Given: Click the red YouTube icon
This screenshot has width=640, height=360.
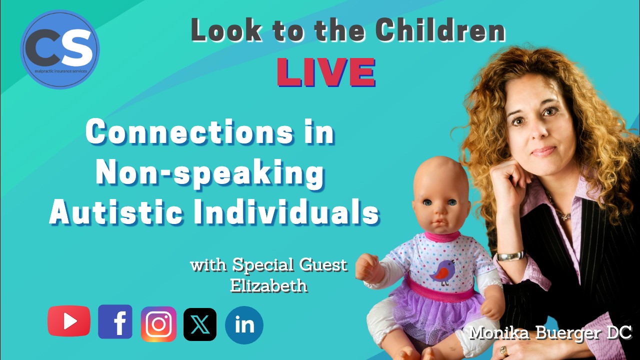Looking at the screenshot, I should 69,321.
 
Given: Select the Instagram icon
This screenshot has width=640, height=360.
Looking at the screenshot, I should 158,324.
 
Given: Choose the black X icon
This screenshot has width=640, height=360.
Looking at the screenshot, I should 200,324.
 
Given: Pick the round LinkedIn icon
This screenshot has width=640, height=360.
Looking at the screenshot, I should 244,325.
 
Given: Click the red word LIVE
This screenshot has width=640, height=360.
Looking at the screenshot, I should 326,73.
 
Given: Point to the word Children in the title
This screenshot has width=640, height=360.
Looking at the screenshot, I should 440,31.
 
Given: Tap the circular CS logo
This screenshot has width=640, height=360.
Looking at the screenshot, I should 60,49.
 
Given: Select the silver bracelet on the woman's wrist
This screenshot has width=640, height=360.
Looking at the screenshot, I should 510,255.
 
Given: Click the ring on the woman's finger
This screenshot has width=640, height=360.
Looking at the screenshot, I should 504,350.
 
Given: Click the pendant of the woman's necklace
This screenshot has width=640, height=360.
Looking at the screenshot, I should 566,216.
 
